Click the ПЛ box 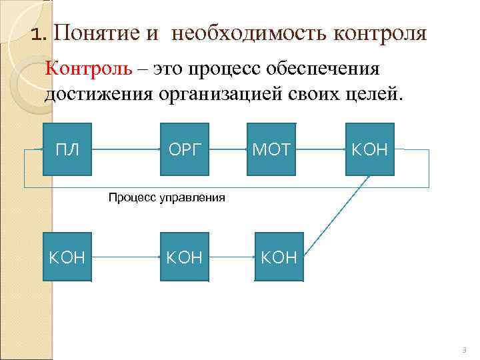tap(67, 149)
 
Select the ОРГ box tap(184, 149)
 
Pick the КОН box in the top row tap(369, 149)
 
